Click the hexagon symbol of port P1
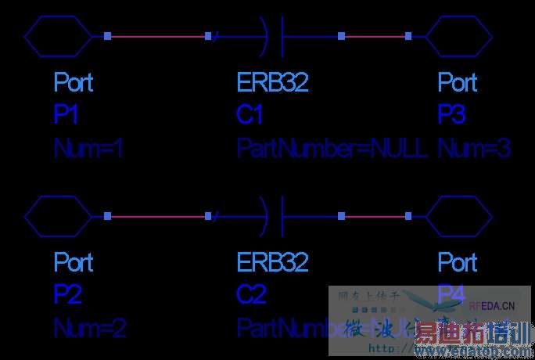tap(59, 36)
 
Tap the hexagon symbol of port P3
tap(458, 36)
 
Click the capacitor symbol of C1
tap(274, 36)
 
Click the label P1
tap(66, 115)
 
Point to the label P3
tap(451, 115)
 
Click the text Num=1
tap(88, 149)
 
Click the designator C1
tap(250, 115)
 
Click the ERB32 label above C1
tap(273, 81)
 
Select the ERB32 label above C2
tap(273, 261)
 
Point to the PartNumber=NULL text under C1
tap(332, 149)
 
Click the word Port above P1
tap(74, 81)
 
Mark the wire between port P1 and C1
tap(157, 36)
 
